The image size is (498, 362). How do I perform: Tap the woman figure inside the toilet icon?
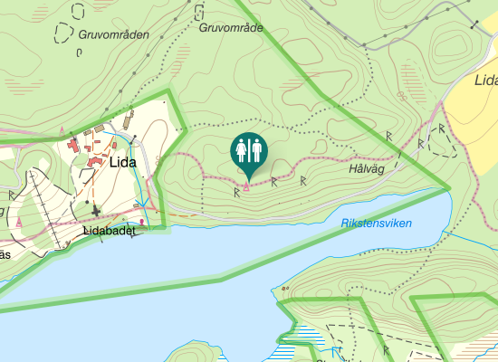click(x=243, y=149)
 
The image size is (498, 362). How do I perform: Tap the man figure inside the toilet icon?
click(x=256, y=149)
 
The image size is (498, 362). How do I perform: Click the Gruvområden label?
click(x=113, y=34)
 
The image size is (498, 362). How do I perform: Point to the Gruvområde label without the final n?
click(x=230, y=28)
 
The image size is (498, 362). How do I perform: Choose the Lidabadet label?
click(x=109, y=231)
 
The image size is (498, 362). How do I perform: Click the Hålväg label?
click(x=367, y=168)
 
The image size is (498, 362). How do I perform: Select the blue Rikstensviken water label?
click(x=377, y=223)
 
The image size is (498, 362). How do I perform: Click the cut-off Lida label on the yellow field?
click(x=486, y=80)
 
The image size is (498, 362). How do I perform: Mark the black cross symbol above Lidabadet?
click(x=96, y=210)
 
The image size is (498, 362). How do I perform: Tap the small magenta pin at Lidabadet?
click(x=141, y=221)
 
